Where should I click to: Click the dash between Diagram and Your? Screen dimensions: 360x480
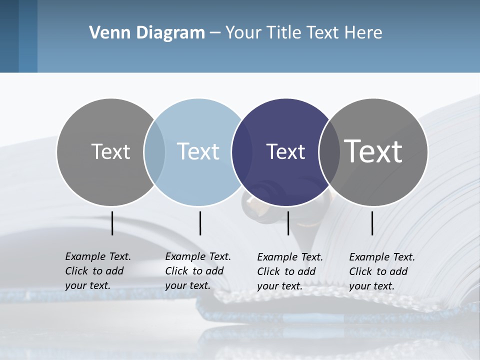[215, 33]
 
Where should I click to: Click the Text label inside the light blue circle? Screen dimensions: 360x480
[198, 151]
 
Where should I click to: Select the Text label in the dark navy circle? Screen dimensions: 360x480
[285, 151]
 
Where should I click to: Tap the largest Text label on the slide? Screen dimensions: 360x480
[373, 151]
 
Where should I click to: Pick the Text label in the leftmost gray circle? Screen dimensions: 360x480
[110, 151]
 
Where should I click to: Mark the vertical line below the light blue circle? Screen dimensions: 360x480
[200, 223]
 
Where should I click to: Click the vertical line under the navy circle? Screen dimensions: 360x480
[288, 223]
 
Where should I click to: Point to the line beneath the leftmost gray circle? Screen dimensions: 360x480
[112, 223]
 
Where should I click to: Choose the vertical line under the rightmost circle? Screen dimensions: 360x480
[372, 223]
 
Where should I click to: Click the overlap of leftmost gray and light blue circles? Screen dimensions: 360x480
[154, 151]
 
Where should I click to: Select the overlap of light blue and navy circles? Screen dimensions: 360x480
[241, 151]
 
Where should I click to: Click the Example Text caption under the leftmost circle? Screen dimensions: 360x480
[98, 271]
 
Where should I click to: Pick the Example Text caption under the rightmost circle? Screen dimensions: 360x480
[382, 271]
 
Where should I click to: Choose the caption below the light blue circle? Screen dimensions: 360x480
[198, 271]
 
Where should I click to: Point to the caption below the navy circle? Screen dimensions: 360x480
[290, 271]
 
